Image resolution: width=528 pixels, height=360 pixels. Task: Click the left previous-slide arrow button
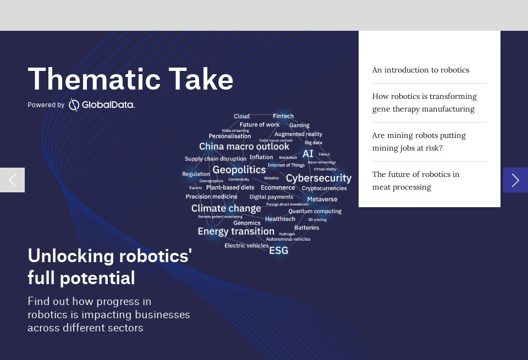click(12, 180)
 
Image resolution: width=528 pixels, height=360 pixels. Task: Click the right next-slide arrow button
click(515, 180)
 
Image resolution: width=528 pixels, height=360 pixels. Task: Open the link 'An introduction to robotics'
click(420, 70)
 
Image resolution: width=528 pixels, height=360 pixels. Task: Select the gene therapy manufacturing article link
click(424, 103)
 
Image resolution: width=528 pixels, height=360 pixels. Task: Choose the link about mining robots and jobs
click(419, 142)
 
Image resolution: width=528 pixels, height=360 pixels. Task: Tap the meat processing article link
click(415, 181)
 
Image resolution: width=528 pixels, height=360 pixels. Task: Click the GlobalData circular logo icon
click(74, 105)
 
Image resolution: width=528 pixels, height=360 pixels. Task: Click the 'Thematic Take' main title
click(130, 79)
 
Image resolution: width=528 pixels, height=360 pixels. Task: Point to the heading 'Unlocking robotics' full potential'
click(109, 267)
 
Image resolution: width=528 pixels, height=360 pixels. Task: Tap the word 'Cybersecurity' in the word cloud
click(318, 178)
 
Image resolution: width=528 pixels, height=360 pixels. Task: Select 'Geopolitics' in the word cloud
click(239, 170)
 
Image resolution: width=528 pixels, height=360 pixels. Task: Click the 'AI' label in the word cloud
click(308, 154)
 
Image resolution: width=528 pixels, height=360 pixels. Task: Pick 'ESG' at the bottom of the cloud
click(278, 251)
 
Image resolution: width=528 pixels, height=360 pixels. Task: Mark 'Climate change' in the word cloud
click(226, 208)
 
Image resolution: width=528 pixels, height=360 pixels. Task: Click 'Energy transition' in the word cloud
click(236, 231)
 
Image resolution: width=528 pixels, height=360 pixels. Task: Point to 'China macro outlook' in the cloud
click(244, 147)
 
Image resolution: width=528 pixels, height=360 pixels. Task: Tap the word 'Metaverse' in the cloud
click(322, 199)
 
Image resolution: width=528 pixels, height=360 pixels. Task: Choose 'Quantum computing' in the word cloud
click(315, 211)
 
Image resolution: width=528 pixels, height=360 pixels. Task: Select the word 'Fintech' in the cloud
click(283, 116)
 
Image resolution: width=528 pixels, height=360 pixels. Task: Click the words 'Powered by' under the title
click(46, 105)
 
